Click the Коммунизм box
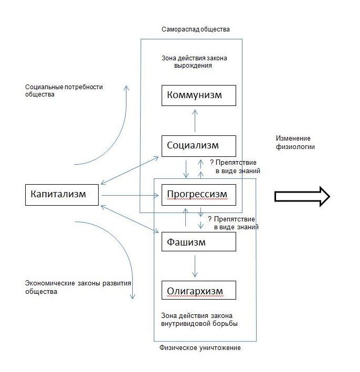pos(198,95)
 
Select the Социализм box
pos(198,146)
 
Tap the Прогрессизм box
pos(198,195)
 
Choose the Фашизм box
pos(198,241)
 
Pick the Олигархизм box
pos(198,290)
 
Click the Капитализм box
pos(62,195)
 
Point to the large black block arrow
pos(302,196)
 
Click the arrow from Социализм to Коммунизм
pos(195,121)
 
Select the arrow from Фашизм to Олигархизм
pos(195,266)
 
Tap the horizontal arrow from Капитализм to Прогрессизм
pos(130,196)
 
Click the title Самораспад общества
pos(196,29)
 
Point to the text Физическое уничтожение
pos(200,348)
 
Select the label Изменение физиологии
pos(295,142)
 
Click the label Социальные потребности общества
pos(64,91)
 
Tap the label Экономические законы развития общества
pos(78,288)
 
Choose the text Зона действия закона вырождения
pos(194,62)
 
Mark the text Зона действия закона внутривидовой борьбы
pos(199,320)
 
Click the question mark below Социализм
pos(212,163)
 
